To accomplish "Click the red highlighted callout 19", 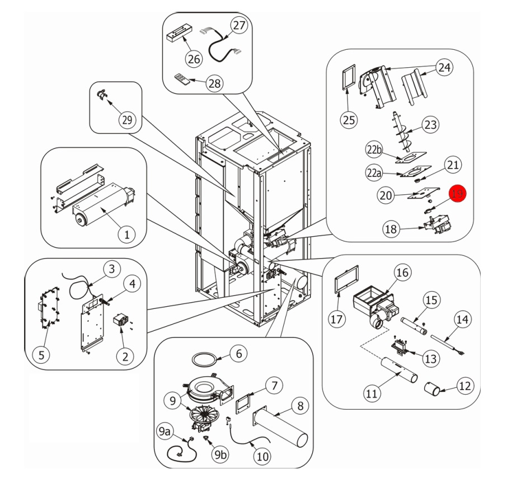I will [458, 194].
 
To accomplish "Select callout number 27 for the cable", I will [240, 25].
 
